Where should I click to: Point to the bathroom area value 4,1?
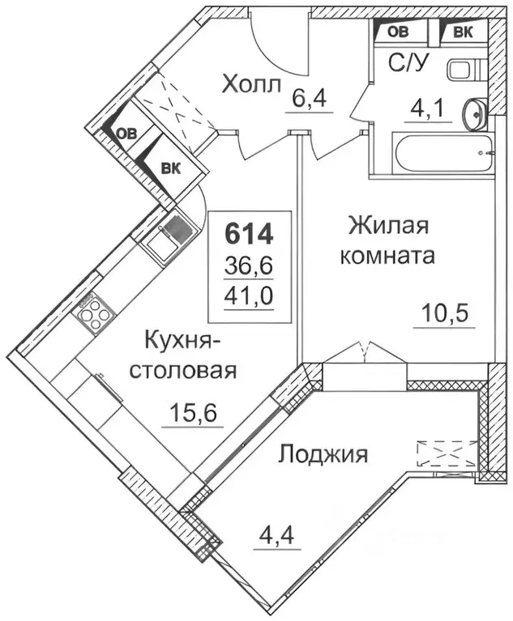click(421, 108)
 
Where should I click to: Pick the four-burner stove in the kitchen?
click(93, 313)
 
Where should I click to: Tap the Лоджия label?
click(323, 453)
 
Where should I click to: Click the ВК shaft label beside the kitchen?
click(170, 168)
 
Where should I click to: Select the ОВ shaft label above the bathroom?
click(398, 32)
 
